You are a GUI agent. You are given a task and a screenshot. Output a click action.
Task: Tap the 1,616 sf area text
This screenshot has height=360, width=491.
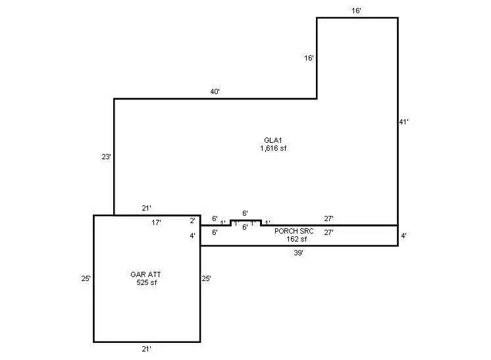point(273,148)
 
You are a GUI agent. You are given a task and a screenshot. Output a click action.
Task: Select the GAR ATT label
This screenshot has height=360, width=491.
point(146,274)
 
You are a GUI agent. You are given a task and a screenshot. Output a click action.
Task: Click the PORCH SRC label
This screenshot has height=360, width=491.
point(294,231)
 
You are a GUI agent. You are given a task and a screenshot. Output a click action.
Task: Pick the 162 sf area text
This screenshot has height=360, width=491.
point(293,239)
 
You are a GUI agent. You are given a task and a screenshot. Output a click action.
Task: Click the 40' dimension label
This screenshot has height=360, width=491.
point(215,92)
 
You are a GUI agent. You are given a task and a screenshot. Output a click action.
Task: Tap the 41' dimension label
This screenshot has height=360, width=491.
point(405,122)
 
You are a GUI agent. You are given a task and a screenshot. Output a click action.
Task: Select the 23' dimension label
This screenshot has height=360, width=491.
point(106,157)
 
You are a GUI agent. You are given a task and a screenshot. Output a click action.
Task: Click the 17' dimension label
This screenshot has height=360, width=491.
point(156,223)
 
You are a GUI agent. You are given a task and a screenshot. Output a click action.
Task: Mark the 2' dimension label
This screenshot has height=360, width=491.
point(193,220)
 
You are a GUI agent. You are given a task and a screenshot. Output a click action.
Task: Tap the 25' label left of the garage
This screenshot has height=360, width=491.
point(86,279)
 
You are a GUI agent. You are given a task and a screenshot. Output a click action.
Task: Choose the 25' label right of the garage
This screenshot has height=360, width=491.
point(207,279)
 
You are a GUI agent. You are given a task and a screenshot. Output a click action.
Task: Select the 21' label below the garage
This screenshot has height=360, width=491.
point(147,349)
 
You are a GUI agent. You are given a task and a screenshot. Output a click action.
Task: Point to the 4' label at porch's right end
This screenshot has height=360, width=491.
point(403,236)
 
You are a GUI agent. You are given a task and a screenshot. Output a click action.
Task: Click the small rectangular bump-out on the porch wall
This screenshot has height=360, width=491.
point(245,222)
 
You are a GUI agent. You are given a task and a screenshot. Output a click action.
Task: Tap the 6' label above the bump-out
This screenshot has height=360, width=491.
point(245,213)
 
